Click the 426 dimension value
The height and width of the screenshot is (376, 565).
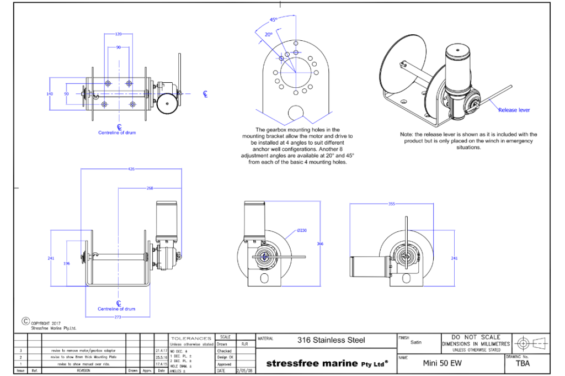pos(131,169)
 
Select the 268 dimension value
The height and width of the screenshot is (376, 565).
pos(150,188)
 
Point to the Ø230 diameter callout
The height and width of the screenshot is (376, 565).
pos(302,231)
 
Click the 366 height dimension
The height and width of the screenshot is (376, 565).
pos(321,243)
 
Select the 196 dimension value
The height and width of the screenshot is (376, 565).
pos(67,263)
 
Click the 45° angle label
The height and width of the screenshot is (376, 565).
pos(273,20)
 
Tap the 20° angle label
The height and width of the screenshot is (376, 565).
pos(269,34)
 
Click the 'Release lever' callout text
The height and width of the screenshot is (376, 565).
pos(514,110)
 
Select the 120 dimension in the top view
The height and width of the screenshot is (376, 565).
pos(118,34)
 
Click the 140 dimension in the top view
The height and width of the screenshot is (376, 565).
pos(49,94)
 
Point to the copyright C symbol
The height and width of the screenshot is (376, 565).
pos(25,320)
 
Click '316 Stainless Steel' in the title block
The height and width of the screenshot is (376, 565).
pos(331,340)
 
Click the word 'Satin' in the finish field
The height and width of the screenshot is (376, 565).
pos(416,342)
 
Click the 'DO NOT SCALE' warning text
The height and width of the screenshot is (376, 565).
pos(476,337)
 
